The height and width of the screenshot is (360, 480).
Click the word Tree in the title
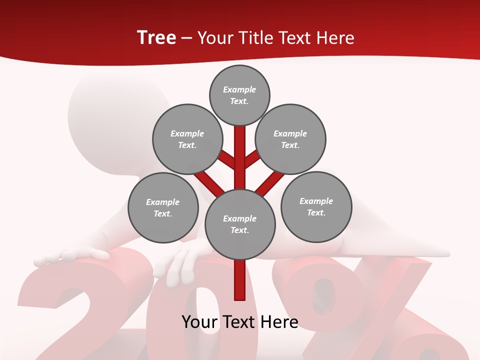156,38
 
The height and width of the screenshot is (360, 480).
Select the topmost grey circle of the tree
239,95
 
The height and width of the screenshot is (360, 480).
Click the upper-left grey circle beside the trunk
187,139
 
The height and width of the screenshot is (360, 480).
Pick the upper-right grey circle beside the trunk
290,139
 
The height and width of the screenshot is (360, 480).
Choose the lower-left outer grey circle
163,207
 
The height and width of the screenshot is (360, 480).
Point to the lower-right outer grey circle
316,206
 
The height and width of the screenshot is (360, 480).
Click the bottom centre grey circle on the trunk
240,224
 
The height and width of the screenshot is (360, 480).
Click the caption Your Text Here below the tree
240,322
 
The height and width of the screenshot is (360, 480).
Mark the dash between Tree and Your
186,38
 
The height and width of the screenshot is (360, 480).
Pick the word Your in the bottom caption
200,322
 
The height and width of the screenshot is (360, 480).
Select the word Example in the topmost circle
239,89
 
